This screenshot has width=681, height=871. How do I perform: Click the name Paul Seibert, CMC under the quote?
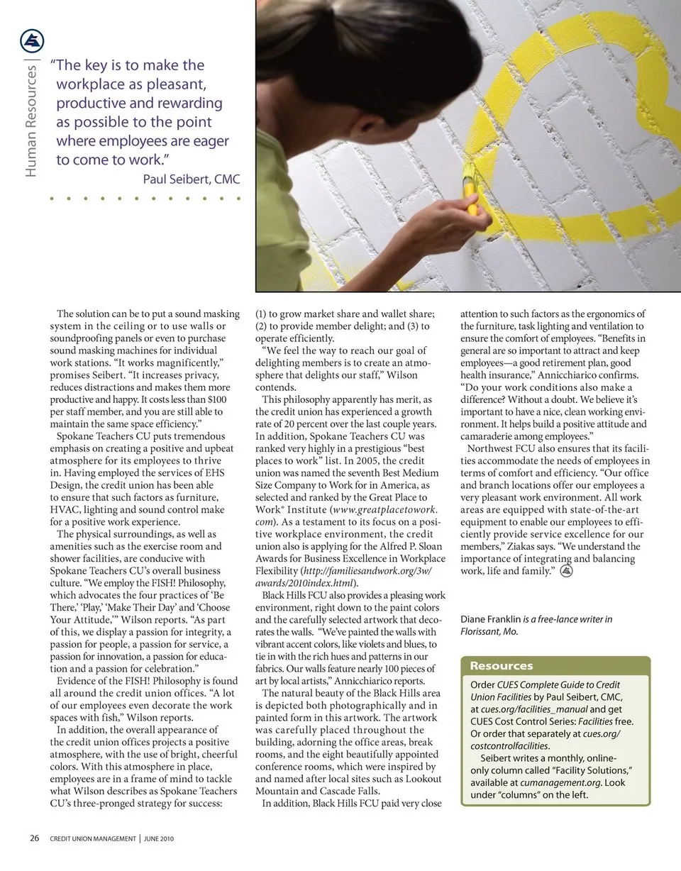192,179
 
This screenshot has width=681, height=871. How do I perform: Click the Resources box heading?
502,666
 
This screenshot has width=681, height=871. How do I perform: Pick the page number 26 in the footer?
34,838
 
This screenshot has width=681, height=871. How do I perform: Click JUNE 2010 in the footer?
160,839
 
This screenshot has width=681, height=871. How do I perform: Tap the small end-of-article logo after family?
566,571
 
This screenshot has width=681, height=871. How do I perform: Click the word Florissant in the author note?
485,631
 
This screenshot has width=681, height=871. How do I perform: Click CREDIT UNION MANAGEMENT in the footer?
92,839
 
